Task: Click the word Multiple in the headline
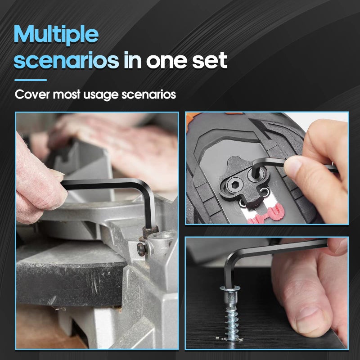tap(56, 35)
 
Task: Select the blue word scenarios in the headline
tap(66, 60)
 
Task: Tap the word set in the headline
tap(210, 60)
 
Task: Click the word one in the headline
tap(166, 61)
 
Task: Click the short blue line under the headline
tap(31, 80)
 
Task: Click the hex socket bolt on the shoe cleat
tap(234, 184)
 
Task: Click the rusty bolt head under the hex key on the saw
tap(150, 232)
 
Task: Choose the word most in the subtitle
tap(67, 94)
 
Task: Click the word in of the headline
tap(132, 60)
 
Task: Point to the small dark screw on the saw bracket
tap(141, 250)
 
